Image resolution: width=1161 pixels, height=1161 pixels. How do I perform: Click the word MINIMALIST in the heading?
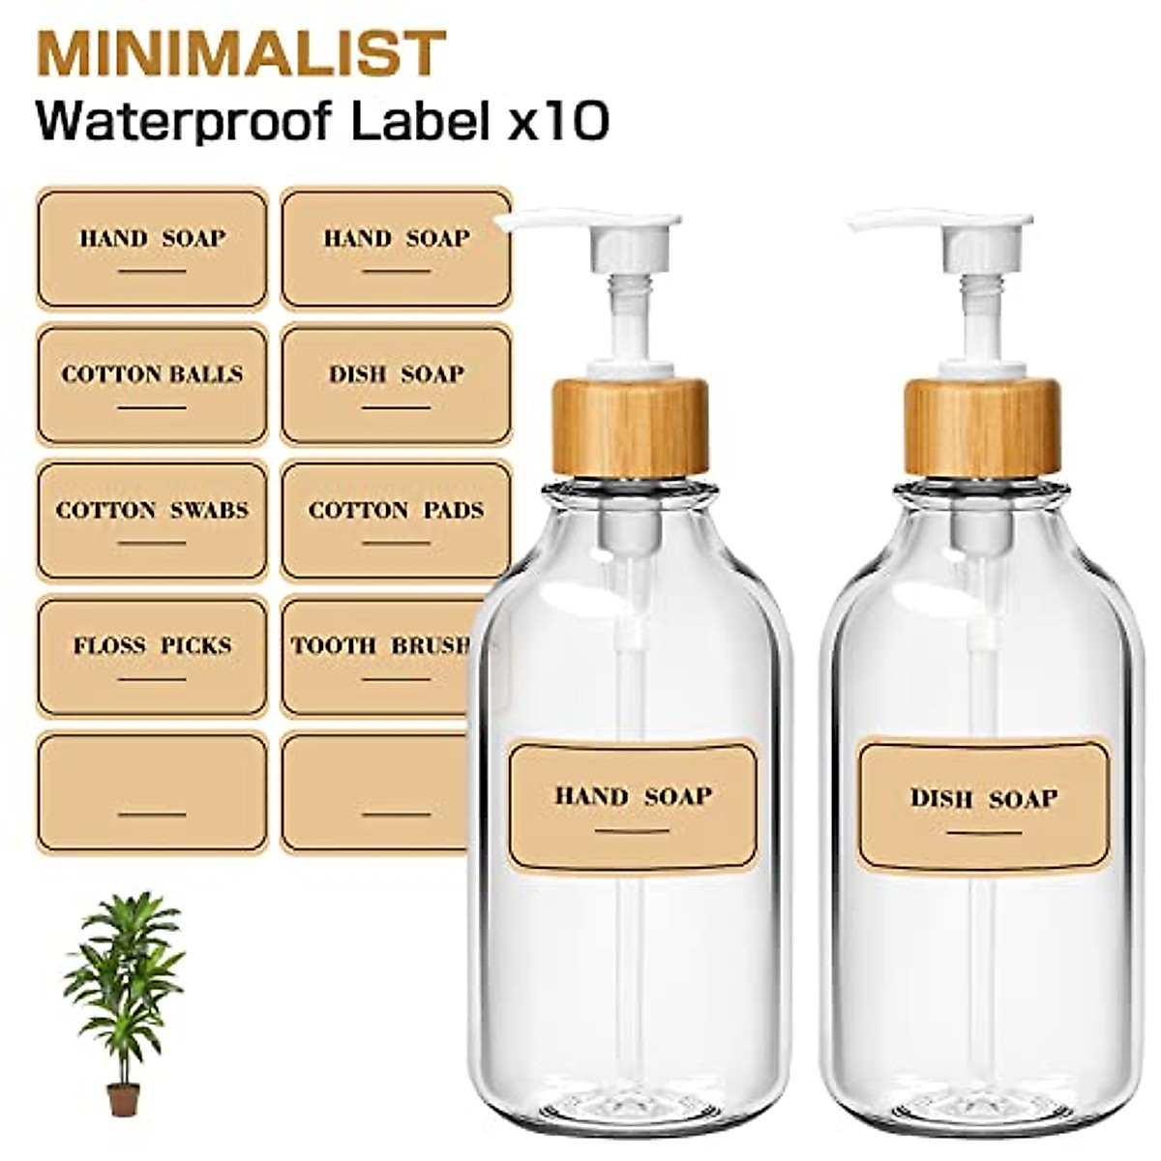pos(240,54)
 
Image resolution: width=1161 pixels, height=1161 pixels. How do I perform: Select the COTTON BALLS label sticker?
pos(152,384)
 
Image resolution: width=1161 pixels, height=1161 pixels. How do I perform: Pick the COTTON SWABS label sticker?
pos(152,521)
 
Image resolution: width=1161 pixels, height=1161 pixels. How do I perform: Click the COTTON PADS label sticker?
pos(395,521)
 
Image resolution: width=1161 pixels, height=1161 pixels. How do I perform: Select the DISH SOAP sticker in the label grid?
pos(395,384)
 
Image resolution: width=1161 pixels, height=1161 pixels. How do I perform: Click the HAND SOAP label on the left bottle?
pos(633,806)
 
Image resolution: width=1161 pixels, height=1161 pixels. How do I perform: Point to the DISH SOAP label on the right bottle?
pos(983,807)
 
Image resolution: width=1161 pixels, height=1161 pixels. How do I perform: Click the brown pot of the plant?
pos(123,1098)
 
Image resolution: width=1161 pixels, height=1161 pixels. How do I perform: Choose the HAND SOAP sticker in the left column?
pos(152,248)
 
